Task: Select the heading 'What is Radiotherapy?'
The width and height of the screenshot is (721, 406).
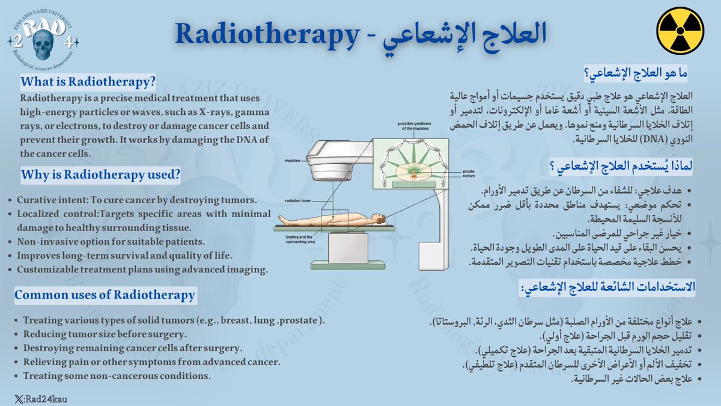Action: click(x=88, y=81)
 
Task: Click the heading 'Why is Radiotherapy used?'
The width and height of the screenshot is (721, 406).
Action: click(x=100, y=175)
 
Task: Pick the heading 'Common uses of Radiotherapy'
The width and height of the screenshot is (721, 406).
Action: click(x=105, y=295)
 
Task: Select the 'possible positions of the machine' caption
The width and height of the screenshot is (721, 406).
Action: click(x=415, y=126)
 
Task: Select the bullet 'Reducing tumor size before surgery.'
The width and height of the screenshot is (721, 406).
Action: click(x=105, y=334)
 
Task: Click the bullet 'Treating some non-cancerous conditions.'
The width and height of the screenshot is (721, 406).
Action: click(x=117, y=376)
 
